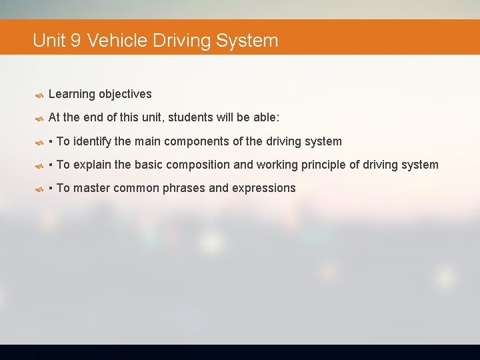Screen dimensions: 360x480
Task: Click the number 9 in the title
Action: pos(75,41)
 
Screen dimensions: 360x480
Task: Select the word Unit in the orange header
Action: pos(49,41)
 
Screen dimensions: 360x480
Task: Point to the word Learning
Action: pos(72,94)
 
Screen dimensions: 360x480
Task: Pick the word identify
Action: pos(93,141)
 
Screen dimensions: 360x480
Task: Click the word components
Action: pos(194,141)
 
